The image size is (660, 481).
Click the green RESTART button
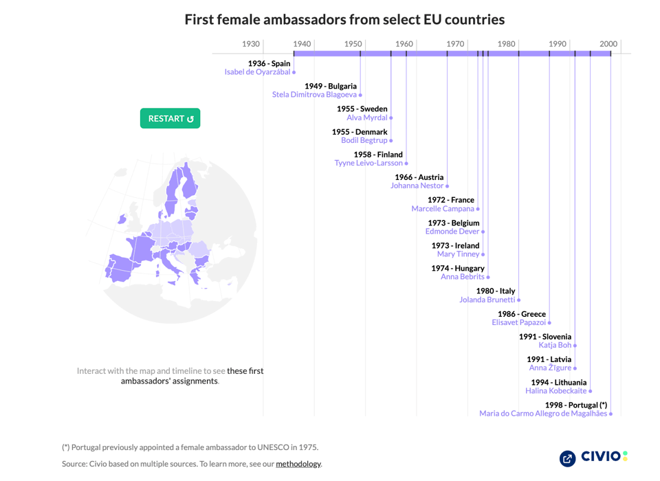(x=170, y=118)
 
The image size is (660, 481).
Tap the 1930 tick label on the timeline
(x=251, y=44)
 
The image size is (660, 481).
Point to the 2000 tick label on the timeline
(x=608, y=44)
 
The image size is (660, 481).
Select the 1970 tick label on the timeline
(x=455, y=44)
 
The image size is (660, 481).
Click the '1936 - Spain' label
(x=269, y=63)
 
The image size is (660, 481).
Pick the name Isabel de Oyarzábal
(x=257, y=72)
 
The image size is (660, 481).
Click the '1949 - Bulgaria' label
(x=331, y=86)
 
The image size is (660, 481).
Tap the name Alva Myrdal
(x=367, y=118)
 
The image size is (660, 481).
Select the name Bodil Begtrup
(x=364, y=140)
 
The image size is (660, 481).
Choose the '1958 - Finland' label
(x=378, y=155)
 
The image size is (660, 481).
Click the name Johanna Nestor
(x=417, y=186)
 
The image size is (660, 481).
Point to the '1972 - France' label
(x=450, y=200)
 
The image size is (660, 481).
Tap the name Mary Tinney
(x=459, y=254)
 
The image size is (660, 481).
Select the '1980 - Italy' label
(x=495, y=291)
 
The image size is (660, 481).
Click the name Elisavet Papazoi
(x=518, y=322)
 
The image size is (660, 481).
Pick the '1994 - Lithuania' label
(x=558, y=382)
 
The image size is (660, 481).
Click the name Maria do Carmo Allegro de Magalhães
(x=543, y=414)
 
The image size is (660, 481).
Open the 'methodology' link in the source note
(x=298, y=464)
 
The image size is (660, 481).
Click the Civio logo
(x=593, y=457)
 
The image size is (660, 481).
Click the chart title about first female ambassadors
(x=344, y=19)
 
